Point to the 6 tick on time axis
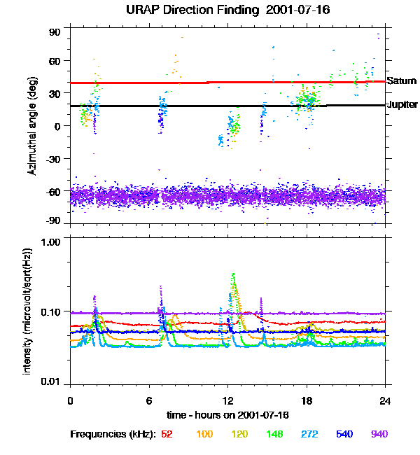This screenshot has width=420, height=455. [149, 400]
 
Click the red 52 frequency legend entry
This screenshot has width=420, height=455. [167, 434]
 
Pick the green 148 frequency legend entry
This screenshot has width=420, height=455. [275, 434]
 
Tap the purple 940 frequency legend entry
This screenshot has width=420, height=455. [379, 434]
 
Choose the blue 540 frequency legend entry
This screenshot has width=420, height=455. [344, 434]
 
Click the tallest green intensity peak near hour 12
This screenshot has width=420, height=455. [233, 274]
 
